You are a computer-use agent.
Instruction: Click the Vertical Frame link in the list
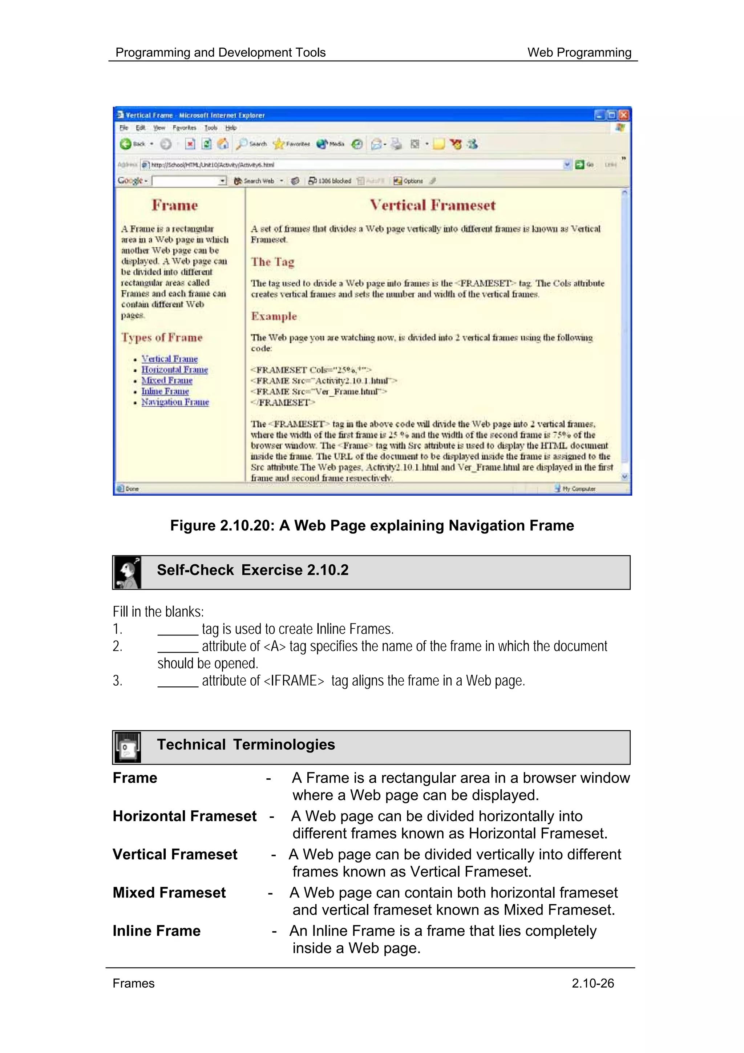[169, 359]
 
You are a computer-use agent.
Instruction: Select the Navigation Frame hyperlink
[175, 402]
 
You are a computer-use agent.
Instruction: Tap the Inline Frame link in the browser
[165, 391]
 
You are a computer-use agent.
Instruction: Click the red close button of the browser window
[623, 115]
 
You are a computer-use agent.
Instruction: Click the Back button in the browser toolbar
[133, 144]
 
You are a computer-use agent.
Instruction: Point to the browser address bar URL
[213, 165]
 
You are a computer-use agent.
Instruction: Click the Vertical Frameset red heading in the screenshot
[432, 205]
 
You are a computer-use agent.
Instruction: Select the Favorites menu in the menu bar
[184, 128]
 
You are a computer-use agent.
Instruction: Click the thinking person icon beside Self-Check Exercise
[127, 572]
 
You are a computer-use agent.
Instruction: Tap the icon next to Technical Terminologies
[127, 747]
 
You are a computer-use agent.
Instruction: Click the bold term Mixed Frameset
[169, 892]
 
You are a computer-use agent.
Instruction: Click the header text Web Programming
[579, 52]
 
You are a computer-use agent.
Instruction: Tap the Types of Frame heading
[162, 338]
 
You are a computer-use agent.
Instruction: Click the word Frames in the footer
[133, 983]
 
